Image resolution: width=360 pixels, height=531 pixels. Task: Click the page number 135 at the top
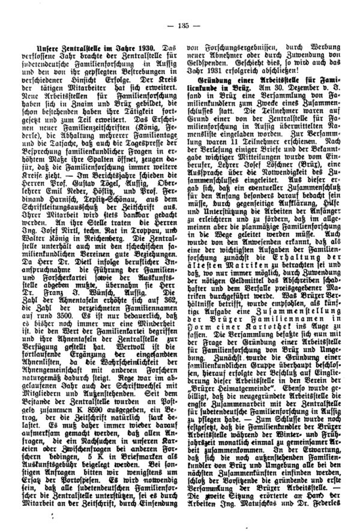tap(181, 24)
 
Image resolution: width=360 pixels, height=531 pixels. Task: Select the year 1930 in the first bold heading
tap(136, 46)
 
